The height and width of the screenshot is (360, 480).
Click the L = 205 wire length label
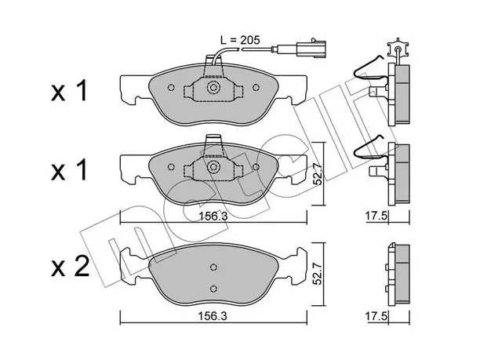click(x=240, y=40)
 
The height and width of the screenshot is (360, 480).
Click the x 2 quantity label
click(x=70, y=266)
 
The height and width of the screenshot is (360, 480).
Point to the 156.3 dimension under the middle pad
click(x=213, y=216)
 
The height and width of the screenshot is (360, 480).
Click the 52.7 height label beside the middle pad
click(x=318, y=174)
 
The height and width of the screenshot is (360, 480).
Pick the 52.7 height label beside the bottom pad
click(x=318, y=274)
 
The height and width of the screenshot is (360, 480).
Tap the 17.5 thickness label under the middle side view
click(x=376, y=216)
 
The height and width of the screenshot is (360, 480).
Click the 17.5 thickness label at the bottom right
click(x=376, y=316)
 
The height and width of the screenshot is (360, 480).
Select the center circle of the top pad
click(x=213, y=88)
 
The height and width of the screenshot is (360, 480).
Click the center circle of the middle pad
click(x=213, y=167)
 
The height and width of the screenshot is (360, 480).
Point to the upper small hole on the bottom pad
click(x=213, y=267)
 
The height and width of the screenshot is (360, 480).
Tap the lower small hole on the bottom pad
click(x=213, y=289)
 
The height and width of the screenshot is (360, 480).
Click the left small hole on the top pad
click(x=171, y=88)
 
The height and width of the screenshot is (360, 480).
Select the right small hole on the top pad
click(x=256, y=88)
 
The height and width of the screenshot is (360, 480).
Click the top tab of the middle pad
click(x=213, y=142)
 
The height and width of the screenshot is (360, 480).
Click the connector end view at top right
click(x=398, y=49)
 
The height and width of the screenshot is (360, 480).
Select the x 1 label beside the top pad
click(x=70, y=91)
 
